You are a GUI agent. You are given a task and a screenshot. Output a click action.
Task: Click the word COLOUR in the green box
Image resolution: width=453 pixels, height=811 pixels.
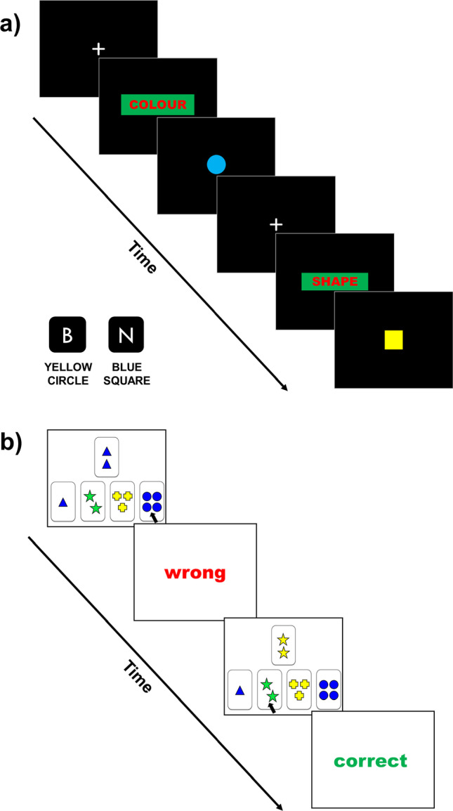pyautogui.click(x=157, y=105)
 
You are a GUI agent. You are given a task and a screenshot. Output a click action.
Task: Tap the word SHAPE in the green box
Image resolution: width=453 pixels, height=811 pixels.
pyautogui.click(x=334, y=282)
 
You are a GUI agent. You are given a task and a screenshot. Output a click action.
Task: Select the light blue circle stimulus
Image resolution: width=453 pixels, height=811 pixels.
pyautogui.click(x=216, y=164)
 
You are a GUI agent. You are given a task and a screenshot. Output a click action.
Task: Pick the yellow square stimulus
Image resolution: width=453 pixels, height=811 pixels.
pyautogui.click(x=393, y=340)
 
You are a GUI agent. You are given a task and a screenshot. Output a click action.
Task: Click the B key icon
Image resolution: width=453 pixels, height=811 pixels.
pyautogui.click(x=67, y=335)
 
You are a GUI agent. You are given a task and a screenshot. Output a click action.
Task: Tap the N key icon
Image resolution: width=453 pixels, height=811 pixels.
pyautogui.click(x=126, y=335)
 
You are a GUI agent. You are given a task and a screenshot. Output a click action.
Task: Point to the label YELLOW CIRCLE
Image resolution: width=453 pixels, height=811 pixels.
pyautogui.click(x=67, y=375)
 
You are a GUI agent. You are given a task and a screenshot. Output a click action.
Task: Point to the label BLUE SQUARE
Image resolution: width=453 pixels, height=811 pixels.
pyautogui.click(x=127, y=375)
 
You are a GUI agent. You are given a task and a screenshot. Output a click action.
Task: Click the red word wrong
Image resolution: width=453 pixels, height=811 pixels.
pyautogui.click(x=195, y=573)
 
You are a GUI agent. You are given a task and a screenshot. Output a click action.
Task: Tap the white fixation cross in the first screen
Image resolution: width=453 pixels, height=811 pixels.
pyautogui.click(x=99, y=48)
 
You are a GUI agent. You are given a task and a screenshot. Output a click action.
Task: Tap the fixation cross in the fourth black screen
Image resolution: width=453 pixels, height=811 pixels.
pyautogui.click(x=276, y=224)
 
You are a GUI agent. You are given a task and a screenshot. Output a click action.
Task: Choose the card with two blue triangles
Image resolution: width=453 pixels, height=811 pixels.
pyautogui.click(x=107, y=457)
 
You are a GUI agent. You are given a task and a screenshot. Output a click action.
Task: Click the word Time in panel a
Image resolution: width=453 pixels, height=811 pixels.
pyautogui.click(x=143, y=258)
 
